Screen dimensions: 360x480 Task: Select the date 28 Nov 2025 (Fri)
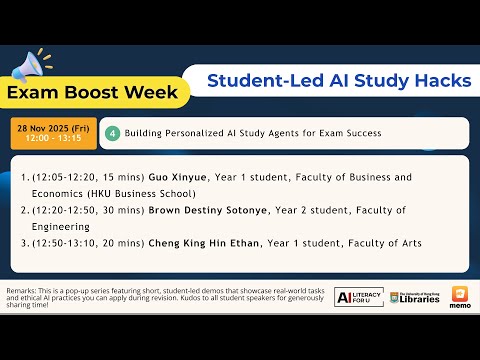[53, 128]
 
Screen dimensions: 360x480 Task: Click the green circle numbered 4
[114, 132]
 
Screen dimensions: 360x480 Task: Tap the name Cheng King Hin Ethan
[204, 243]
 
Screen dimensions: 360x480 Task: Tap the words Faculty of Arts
[385, 243]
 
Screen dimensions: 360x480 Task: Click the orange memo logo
[461, 297]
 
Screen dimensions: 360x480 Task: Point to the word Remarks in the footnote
[24, 290]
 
